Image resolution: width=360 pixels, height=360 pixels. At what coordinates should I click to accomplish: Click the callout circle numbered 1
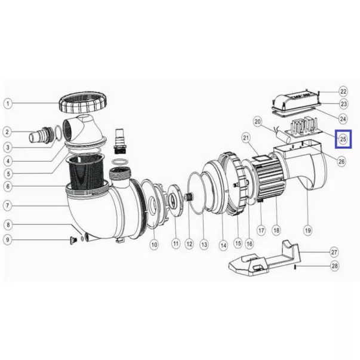[8, 103]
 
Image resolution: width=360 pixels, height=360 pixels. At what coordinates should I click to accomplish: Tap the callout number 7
[8, 205]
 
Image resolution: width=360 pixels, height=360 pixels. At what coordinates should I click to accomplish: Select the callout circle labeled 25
[343, 139]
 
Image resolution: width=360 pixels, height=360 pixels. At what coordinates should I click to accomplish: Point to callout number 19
[307, 230]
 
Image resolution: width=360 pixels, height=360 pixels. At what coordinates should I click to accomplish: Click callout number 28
[335, 266]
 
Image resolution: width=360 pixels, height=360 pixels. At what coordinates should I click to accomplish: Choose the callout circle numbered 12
[189, 244]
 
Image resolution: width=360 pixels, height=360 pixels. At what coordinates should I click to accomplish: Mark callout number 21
[246, 138]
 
